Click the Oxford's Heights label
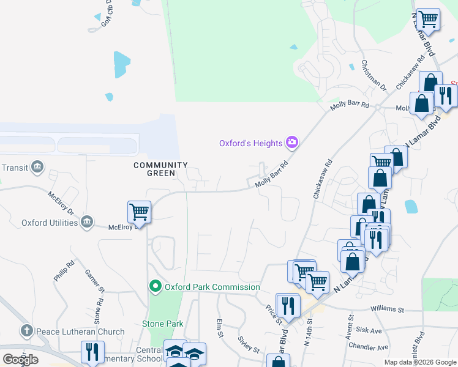point(251,143)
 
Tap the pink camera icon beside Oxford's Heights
point(292,143)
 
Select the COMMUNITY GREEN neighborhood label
point(160,169)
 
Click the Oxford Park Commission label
point(212,287)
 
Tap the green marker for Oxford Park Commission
point(155,286)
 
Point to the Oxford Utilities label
point(50,223)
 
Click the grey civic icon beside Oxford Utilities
point(86,221)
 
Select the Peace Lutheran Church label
point(80,332)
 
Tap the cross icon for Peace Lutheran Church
point(26,331)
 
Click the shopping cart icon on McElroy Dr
point(139,212)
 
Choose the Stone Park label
point(162,324)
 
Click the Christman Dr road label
point(374,75)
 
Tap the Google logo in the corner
point(20,359)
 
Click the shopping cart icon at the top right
point(428,19)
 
